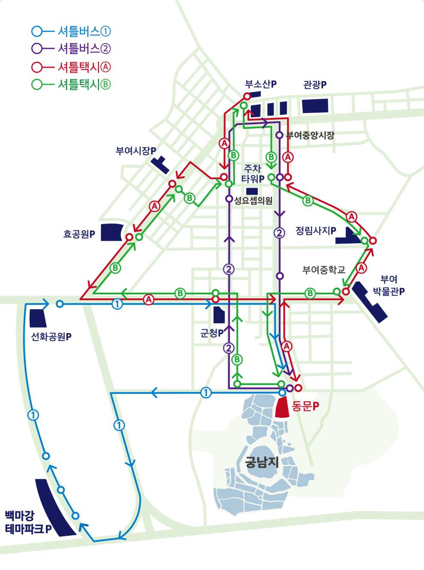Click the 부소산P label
(260, 84)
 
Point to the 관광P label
(315, 85)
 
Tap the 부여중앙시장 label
(310, 136)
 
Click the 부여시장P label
(136, 151)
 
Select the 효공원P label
(79, 234)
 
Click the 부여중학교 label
(324, 270)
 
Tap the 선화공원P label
(51, 337)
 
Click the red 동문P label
(305, 406)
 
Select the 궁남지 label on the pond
(262, 462)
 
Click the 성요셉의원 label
(253, 200)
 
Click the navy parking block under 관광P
(315, 106)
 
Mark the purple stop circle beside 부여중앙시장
(279, 135)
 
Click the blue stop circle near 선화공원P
(60, 304)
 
